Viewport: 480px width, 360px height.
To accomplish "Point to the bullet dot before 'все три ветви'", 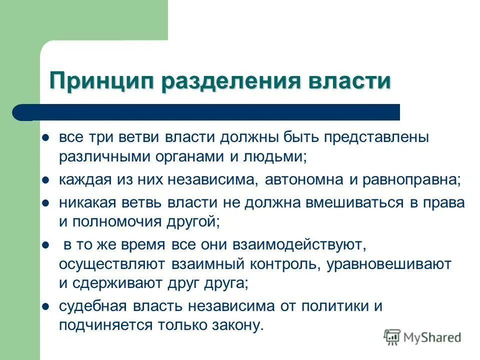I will (45, 137).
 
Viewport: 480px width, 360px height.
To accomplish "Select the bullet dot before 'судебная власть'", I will (45, 306).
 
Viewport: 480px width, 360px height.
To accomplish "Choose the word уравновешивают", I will (389, 264).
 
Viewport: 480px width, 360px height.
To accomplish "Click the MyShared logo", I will (423, 337).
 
